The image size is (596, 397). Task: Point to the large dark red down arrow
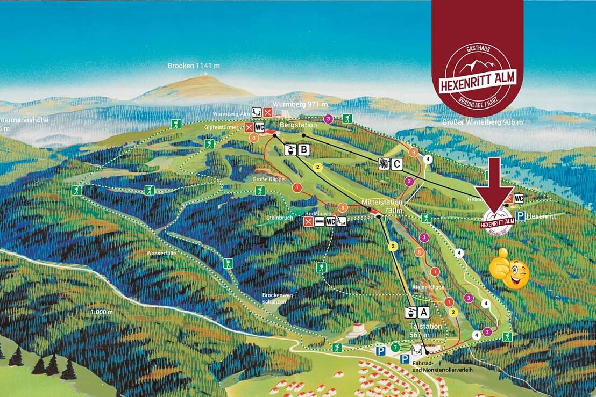[495, 183]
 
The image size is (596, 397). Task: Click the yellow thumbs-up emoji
[509, 269]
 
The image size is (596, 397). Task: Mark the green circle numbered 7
[396, 348]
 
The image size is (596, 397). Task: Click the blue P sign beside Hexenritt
[520, 216]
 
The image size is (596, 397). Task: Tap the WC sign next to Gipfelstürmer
[260, 127]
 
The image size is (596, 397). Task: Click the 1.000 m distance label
[102, 312]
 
